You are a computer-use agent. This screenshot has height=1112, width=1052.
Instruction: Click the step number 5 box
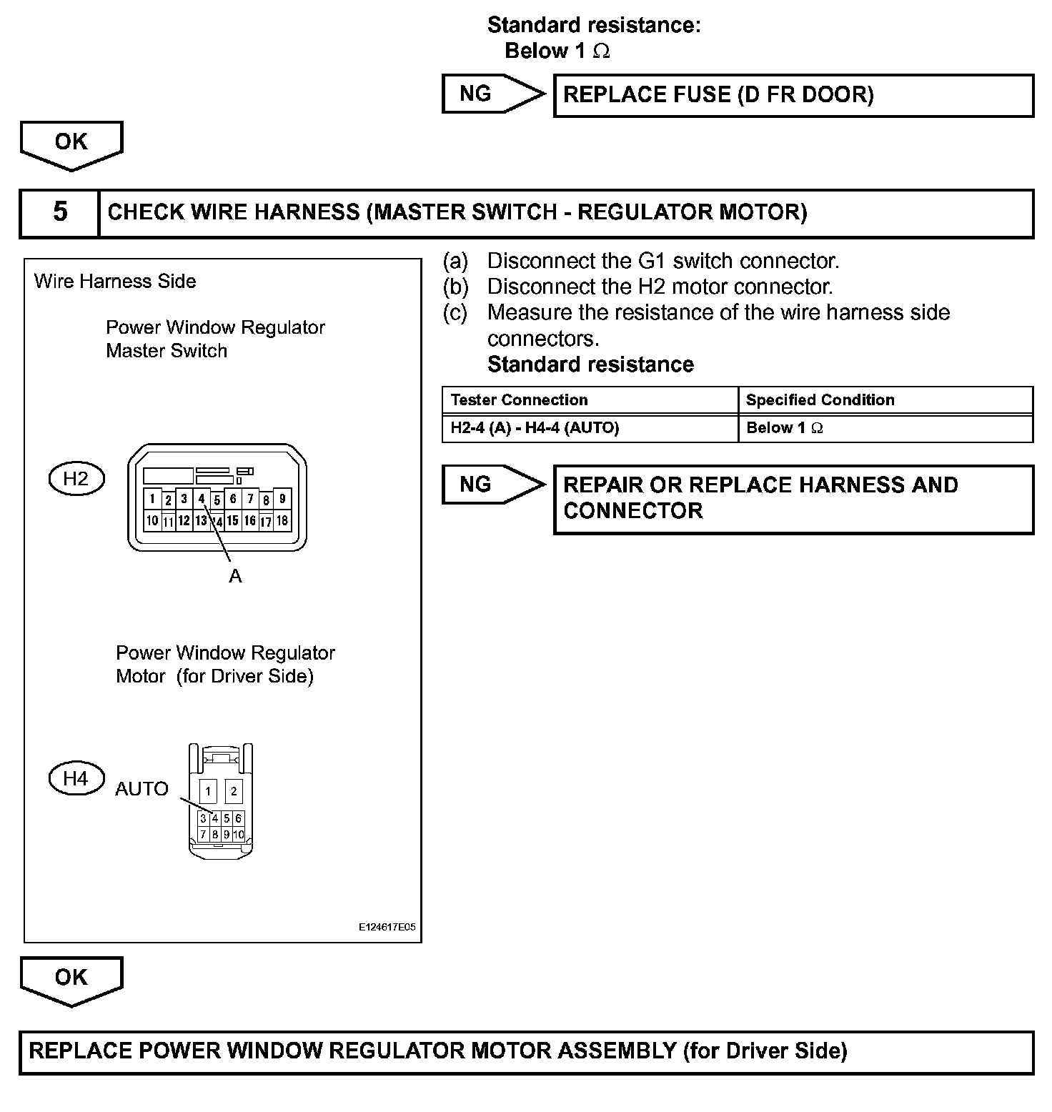(60, 212)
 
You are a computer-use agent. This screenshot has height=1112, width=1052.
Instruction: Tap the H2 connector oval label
(76, 479)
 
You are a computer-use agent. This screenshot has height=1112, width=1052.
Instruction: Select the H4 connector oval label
(76, 778)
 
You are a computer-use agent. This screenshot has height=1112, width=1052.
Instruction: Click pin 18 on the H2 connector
(282, 521)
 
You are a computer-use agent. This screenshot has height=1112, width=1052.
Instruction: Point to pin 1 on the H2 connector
(152, 499)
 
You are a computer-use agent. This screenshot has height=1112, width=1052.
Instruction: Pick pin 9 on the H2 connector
(282, 499)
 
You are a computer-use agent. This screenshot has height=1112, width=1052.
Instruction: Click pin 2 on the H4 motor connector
(234, 791)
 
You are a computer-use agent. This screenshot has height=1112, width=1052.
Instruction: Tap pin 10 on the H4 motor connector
(239, 834)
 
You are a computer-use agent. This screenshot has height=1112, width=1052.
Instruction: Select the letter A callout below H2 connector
(235, 576)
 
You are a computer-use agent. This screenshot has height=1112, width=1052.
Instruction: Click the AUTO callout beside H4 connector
(142, 789)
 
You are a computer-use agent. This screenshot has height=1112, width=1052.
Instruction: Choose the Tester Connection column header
(520, 400)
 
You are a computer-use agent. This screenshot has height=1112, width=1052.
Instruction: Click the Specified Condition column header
(820, 400)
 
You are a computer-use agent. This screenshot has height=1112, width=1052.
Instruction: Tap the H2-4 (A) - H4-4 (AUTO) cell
(535, 428)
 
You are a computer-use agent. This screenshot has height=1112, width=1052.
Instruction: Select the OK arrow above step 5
(71, 143)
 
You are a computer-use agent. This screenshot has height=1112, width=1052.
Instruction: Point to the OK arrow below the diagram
(71, 978)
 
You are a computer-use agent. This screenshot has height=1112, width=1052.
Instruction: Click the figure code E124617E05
(387, 928)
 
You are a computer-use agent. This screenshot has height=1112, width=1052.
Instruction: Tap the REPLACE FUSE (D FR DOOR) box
(793, 95)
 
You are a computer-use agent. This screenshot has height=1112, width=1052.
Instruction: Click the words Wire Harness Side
(115, 282)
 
